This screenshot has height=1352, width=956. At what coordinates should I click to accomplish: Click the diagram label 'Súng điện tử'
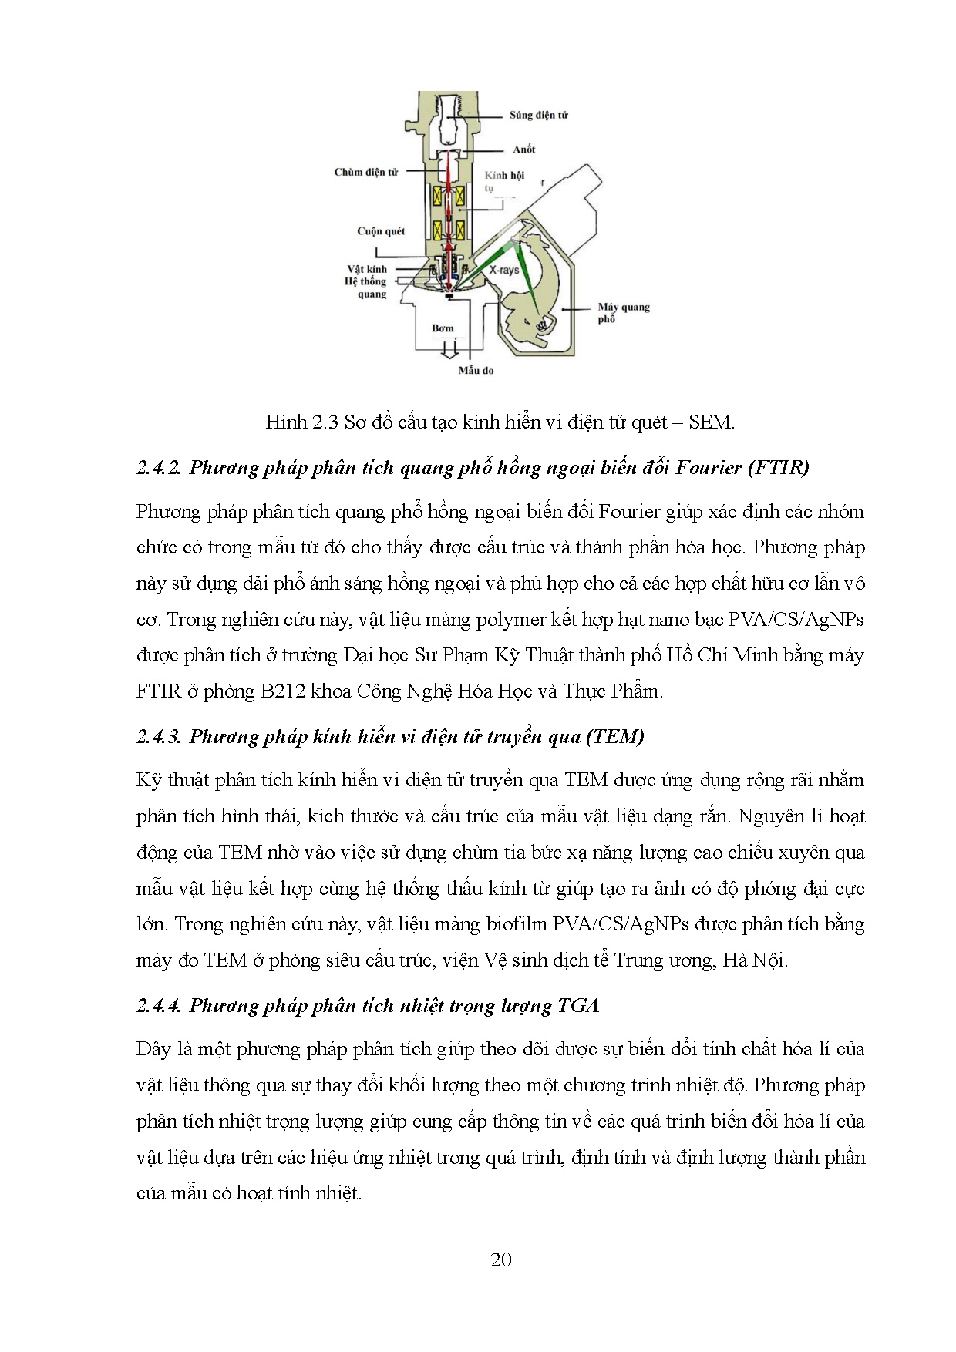[x=538, y=116]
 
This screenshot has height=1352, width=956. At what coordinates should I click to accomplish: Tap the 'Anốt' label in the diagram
[x=523, y=150]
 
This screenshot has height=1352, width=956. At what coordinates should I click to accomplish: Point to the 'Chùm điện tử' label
[x=365, y=173]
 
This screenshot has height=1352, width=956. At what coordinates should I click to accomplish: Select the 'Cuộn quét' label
[x=380, y=231]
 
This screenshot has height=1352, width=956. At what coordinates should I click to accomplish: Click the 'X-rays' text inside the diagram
[x=505, y=271]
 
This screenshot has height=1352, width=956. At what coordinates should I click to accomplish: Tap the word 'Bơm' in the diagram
[x=443, y=328]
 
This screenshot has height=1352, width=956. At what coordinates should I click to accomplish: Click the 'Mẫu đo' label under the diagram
[x=475, y=371]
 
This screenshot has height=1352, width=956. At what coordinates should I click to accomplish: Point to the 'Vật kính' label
[x=366, y=269]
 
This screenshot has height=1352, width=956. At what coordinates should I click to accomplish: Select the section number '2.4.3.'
[x=159, y=736]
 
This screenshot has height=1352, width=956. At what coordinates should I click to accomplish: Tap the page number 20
[x=500, y=1260]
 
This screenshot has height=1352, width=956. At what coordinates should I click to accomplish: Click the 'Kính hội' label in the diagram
[x=504, y=176]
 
